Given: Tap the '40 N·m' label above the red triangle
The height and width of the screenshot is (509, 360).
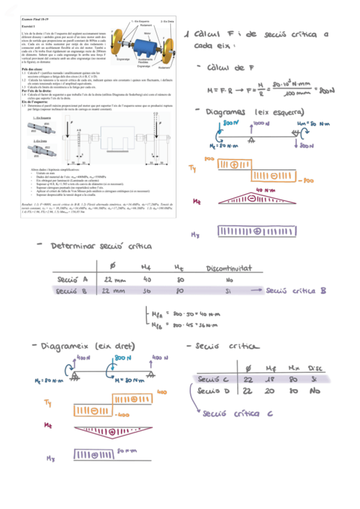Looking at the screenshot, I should point(267,191).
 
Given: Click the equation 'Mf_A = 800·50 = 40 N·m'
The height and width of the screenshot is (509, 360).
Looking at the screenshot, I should point(183,313).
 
